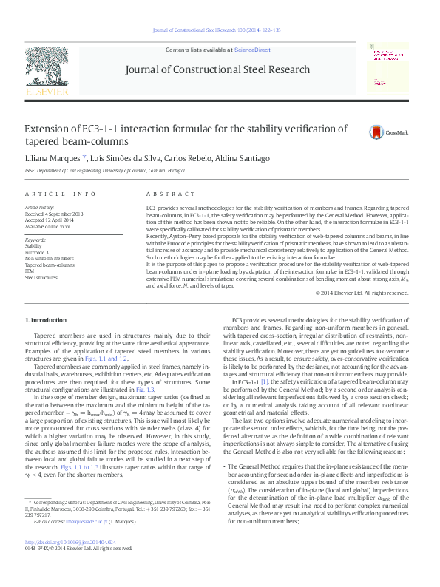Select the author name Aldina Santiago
pos(222,158)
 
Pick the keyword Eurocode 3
pos(38,252)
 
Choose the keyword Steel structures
pos(41,278)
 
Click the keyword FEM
pos(30,271)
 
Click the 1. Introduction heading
pos(46,320)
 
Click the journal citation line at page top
pos(219,30)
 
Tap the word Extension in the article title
pos(47,129)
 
